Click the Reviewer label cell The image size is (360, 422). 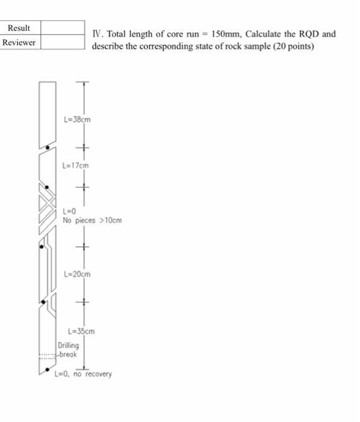point(19,42)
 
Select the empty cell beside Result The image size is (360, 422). point(62,28)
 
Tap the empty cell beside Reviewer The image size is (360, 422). point(62,42)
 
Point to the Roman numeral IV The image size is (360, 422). point(96,34)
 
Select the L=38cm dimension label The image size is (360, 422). point(77,119)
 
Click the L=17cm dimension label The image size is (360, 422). point(76,164)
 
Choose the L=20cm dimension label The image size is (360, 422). point(77,274)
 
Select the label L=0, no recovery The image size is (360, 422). point(83,374)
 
